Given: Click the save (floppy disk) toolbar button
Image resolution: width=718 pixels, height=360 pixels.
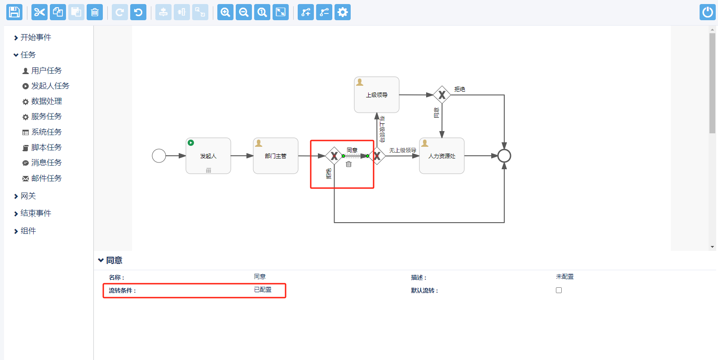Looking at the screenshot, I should click(14, 12).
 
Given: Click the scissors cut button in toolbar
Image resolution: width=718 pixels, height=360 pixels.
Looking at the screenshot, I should click(40, 12).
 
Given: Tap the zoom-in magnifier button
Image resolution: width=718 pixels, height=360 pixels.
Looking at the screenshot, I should click(225, 12).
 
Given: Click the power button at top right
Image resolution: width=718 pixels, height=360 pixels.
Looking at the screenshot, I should click(707, 12).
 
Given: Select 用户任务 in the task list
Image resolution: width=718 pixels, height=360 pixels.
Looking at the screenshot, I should click(46, 70).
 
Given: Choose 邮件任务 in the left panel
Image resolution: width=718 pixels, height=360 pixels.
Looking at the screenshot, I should click(46, 178).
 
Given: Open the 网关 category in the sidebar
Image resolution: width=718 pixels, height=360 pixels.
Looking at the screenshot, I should click(28, 196).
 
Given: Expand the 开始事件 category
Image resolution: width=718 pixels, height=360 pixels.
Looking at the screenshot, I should click(35, 37).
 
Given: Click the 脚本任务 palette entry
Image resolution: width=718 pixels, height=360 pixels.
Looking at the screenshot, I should click(46, 147).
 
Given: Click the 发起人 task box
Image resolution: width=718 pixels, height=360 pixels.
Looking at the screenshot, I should click(208, 156).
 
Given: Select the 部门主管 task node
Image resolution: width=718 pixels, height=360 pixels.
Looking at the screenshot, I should click(276, 156).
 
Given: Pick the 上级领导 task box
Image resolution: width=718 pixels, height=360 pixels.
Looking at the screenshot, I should click(377, 95).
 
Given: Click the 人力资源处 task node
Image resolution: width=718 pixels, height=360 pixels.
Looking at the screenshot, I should click(442, 156).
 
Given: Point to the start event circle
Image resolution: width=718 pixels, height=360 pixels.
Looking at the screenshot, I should click(159, 156).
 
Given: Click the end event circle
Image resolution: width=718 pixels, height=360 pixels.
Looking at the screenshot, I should click(504, 156).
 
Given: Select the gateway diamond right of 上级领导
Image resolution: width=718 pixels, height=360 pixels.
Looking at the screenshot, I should click(442, 95).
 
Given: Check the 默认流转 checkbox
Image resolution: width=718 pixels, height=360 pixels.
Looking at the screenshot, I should click(559, 290).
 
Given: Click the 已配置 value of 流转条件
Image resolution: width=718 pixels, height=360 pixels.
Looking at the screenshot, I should click(263, 290).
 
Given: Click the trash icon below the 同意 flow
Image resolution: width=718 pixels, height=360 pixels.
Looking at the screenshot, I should click(348, 164).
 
